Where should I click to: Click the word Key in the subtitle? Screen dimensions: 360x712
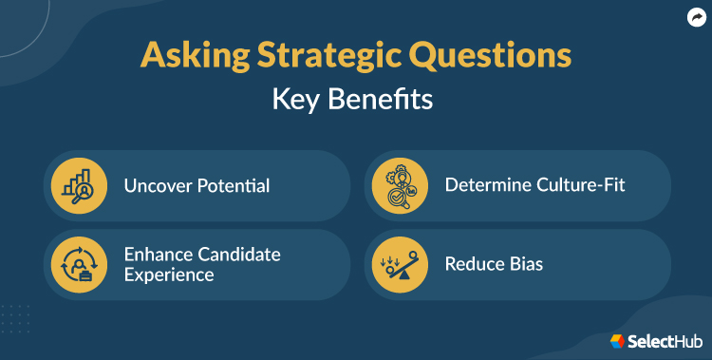pyautogui.click(x=298, y=99)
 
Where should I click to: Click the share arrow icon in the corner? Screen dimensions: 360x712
pyautogui.click(x=695, y=16)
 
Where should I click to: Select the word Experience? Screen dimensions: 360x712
pyautogui.click(x=169, y=275)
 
